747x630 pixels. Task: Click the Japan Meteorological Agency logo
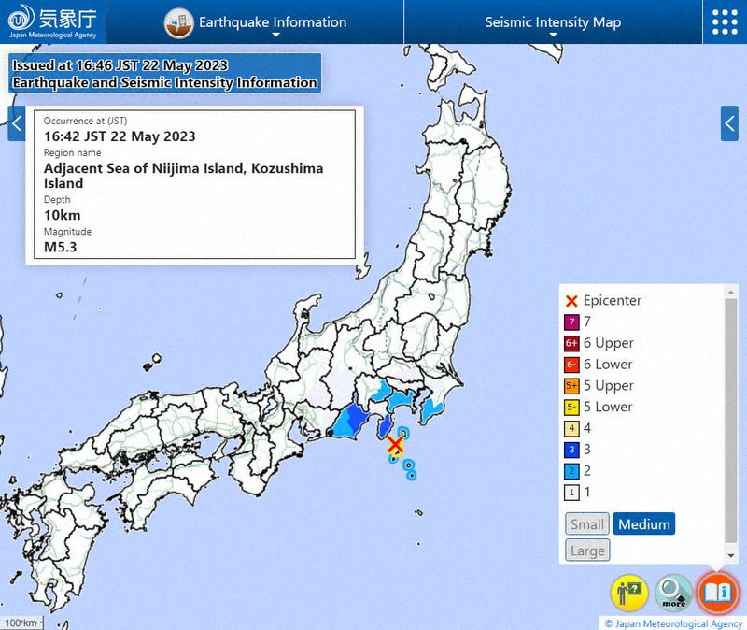tap(53, 21)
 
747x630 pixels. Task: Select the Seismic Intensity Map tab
tap(553, 22)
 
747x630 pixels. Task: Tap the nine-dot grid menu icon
tap(725, 22)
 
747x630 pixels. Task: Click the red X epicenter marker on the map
tap(396, 446)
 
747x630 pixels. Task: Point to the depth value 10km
tap(63, 215)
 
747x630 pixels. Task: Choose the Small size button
tap(587, 524)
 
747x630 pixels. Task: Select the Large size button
tap(587, 551)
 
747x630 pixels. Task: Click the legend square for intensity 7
tap(572, 322)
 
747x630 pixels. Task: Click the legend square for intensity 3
tap(572, 450)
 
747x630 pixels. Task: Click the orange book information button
tap(718, 593)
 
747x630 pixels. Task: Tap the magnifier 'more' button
tap(673, 593)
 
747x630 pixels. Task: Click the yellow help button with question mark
tap(629, 593)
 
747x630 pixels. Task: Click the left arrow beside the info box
tap(17, 122)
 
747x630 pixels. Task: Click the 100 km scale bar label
tap(20, 623)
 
